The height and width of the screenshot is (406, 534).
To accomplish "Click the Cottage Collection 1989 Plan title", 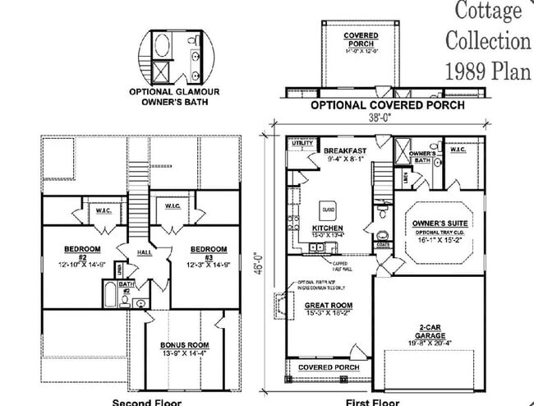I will (x=487, y=39).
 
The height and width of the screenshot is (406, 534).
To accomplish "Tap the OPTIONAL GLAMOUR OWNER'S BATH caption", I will (x=173, y=96).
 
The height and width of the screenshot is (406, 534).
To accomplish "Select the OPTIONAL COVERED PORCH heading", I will (x=387, y=105).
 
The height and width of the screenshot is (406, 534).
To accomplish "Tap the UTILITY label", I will (x=302, y=143).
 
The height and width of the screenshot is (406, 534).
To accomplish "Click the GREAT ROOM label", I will (x=327, y=307).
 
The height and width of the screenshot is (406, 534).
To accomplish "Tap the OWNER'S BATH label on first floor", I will (x=421, y=157).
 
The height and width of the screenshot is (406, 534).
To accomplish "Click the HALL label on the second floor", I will (x=144, y=254).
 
